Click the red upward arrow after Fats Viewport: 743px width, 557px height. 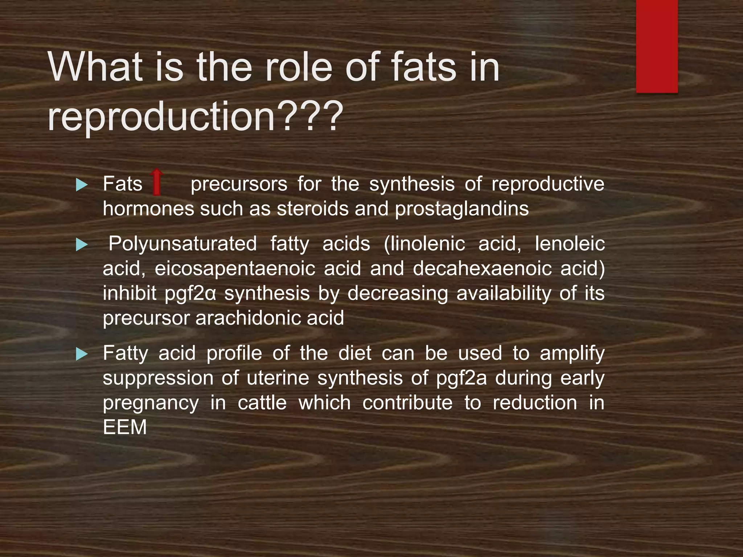tap(157, 182)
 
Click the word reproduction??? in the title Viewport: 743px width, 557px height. tap(195, 117)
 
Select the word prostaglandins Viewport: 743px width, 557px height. tap(461, 209)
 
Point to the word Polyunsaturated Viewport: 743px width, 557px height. tap(182, 244)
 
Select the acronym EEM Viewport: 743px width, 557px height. tap(125, 427)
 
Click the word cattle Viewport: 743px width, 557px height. tap(262, 403)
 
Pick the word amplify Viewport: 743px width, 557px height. tap(572, 354)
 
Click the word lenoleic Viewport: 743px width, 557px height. tap(570, 244)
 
